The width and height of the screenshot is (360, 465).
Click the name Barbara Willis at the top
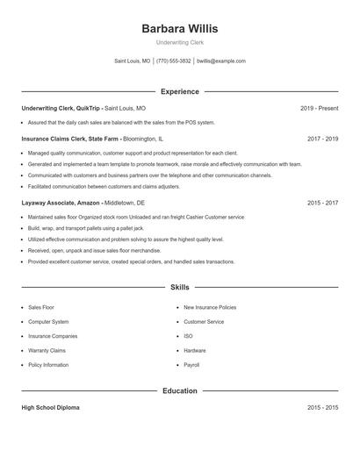click(179, 28)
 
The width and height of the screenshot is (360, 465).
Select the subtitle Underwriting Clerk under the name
click(179, 42)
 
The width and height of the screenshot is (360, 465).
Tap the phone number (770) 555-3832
click(174, 61)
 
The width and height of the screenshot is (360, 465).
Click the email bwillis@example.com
click(221, 61)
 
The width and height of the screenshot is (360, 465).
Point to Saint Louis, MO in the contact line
click(133, 61)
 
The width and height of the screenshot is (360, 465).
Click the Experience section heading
click(179, 91)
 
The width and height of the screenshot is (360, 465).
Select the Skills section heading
click(179, 287)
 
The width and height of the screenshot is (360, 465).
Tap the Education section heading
click(179, 390)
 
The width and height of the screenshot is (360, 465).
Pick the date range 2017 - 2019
click(323, 139)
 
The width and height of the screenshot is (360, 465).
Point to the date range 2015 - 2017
click(323, 202)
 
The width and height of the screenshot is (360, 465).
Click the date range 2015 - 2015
click(323, 408)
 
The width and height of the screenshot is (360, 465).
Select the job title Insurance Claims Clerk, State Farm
click(70, 139)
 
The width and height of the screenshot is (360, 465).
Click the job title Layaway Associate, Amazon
click(61, 202)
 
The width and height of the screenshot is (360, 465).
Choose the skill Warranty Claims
click(46, 350)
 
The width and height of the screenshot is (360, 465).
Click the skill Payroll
click(191, 364)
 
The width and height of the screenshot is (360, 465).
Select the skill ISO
click(188, 336)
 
